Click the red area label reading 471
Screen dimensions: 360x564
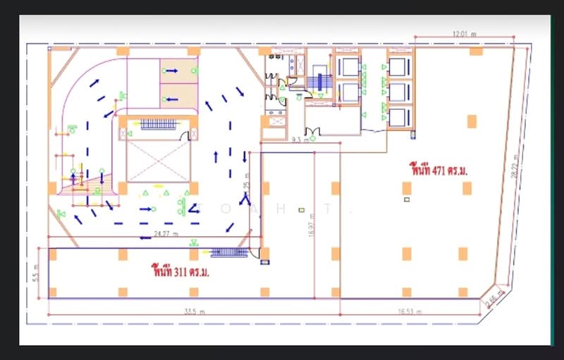439,169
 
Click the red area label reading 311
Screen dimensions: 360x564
180,271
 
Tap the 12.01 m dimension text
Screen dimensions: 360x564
465,33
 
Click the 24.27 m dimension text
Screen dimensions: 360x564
166,233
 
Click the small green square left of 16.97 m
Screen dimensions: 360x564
301,210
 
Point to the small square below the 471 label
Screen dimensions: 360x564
407,200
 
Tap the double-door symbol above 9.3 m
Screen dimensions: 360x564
312,131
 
